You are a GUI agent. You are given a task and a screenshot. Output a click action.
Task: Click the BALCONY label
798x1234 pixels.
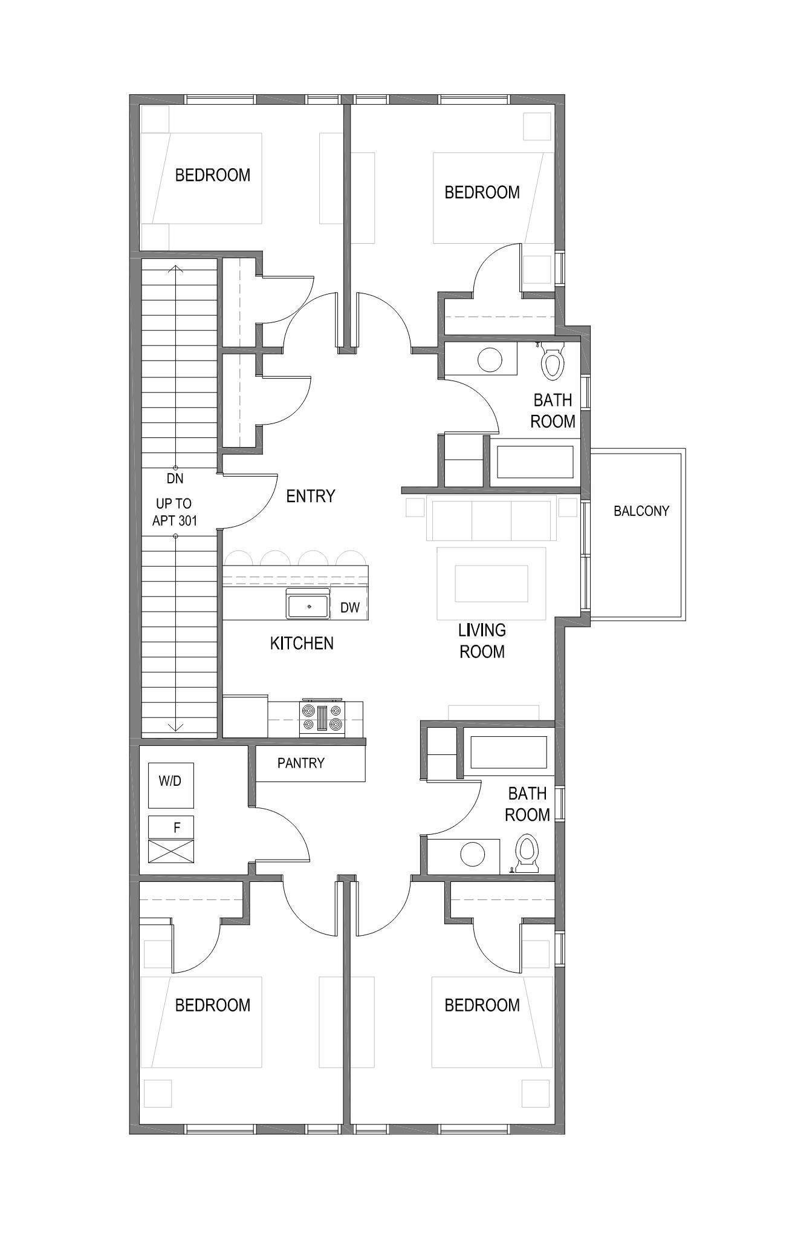tap(641, 511)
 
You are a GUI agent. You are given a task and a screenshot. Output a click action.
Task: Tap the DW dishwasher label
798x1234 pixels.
tap(349, 608)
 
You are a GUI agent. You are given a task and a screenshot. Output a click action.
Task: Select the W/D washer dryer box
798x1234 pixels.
tap(170, 785)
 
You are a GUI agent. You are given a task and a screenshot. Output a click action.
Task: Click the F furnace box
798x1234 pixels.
tap(171, 827)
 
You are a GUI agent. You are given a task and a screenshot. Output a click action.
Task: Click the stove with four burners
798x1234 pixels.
tap(322, 718)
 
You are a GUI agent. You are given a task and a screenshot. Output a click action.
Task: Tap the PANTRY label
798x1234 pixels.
tap(300, 763)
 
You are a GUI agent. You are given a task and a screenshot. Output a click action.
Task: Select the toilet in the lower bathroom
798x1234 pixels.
tap(527, 854)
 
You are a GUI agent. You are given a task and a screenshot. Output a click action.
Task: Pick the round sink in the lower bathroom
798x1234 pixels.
tap(472, 854)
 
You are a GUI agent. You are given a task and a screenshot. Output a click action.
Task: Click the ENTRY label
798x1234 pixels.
tap(310, 497)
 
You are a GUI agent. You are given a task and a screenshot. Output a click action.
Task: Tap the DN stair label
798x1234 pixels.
tap(175, 478)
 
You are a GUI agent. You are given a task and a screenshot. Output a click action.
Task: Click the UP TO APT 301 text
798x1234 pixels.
tap(174, 512)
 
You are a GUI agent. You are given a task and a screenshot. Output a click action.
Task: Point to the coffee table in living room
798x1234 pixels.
tap(491, 583)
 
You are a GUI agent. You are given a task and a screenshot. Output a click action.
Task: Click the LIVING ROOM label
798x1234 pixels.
tap(481, 641)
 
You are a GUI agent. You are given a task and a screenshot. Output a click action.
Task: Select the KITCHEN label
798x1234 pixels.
tap(302, 644)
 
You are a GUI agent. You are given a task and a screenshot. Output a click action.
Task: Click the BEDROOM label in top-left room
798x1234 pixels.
tap(212, 175)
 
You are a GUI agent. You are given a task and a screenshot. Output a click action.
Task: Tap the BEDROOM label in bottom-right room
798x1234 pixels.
tap(482, 1005)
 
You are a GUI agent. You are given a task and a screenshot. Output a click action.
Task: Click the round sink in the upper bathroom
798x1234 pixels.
tap(490, 360)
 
